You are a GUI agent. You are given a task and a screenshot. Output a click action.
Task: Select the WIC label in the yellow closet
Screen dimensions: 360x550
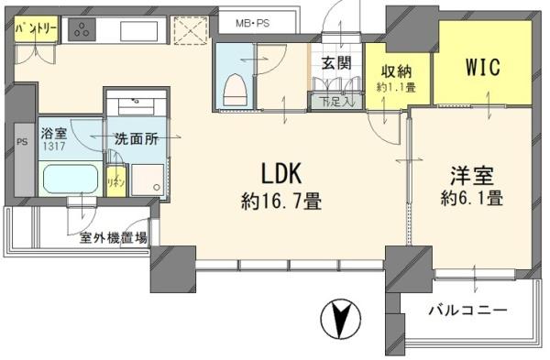(483, 67)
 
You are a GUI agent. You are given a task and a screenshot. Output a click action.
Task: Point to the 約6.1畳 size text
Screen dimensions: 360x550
(469, 197)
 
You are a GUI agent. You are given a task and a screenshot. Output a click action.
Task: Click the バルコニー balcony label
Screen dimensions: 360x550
(467, 311)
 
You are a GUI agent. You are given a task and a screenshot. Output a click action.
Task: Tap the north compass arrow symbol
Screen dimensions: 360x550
(339, 322)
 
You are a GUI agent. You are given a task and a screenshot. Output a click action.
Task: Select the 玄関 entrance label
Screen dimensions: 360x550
(335, 63)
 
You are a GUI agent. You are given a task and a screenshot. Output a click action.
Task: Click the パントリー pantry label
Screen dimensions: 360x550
(37, 29)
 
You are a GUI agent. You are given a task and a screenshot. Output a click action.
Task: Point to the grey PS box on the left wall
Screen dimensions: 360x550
(21, 142)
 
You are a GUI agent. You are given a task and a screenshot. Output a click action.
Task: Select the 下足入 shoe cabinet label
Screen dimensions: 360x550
(328, 102)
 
